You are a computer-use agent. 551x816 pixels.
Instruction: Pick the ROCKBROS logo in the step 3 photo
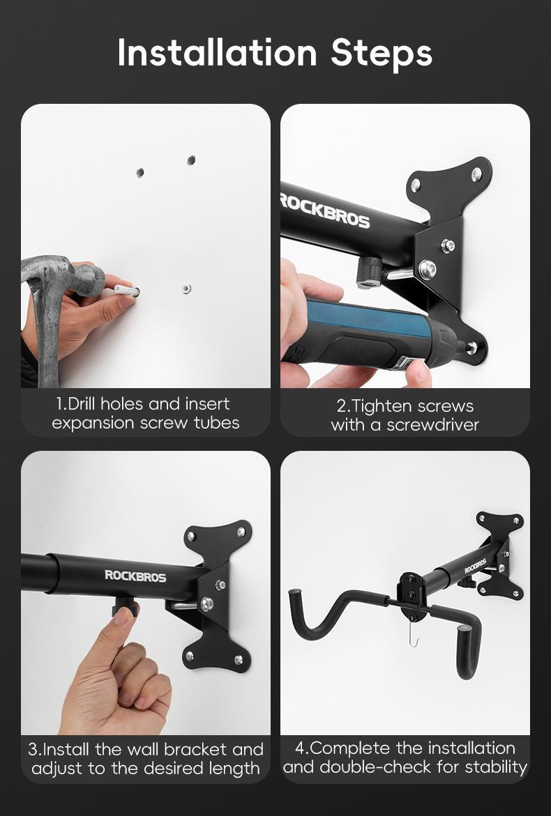coord(135,576)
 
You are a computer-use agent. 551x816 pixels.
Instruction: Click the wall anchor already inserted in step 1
coord(186,287)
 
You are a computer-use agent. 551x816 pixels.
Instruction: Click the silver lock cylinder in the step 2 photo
coord(369,272)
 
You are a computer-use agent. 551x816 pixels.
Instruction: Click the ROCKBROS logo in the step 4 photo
coord(476,566)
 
